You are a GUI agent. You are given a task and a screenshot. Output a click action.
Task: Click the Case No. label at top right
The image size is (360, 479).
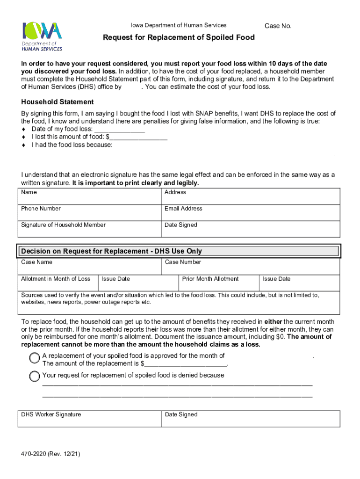tap(278, 26)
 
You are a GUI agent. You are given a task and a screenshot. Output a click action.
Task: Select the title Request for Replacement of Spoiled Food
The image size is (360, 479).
tap(179, 37)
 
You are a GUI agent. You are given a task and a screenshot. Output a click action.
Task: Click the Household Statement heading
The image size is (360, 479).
tap(58, 102)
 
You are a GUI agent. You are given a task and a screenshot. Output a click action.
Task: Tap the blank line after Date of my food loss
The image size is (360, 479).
tap(119, 130)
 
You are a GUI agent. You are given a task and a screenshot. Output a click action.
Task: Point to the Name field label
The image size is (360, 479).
tap(29, 192)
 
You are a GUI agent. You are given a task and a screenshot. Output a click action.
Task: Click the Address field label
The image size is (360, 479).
tap(175, 192)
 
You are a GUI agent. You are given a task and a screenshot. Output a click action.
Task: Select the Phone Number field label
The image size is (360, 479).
tap(41, 209)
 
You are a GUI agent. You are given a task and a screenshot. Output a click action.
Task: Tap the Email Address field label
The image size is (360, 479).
tap(183, 209)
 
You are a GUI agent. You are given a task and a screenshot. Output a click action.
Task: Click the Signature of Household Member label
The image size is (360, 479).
tap(63, 225)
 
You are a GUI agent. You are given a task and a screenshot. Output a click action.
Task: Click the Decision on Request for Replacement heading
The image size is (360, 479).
tap(111, 251)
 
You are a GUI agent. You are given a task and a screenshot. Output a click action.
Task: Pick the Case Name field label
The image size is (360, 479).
tap(37, 262)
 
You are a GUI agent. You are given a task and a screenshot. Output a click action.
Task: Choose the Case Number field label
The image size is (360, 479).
tap(183, 262)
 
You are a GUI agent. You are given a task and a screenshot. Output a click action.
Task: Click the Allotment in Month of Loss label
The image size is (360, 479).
tap(56, 279)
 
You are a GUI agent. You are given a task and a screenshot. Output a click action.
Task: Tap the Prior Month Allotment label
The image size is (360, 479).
tap(210, 279)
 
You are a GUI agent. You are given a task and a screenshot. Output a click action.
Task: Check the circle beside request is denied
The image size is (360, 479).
tap(35, 376)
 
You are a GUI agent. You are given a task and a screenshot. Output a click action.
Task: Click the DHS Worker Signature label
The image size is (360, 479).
tap(51, 414)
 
